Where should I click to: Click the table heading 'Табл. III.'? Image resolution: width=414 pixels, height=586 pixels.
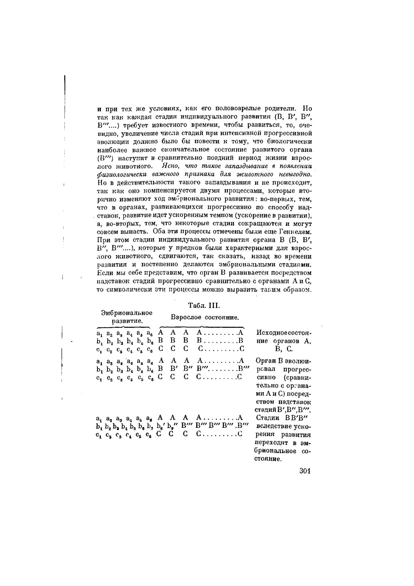(204, 306)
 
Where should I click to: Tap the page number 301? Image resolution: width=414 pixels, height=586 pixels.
(305, 471)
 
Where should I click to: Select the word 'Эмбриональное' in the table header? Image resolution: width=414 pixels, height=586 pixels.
(127, 313)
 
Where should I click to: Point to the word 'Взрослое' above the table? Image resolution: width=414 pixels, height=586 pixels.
(186, 317)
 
